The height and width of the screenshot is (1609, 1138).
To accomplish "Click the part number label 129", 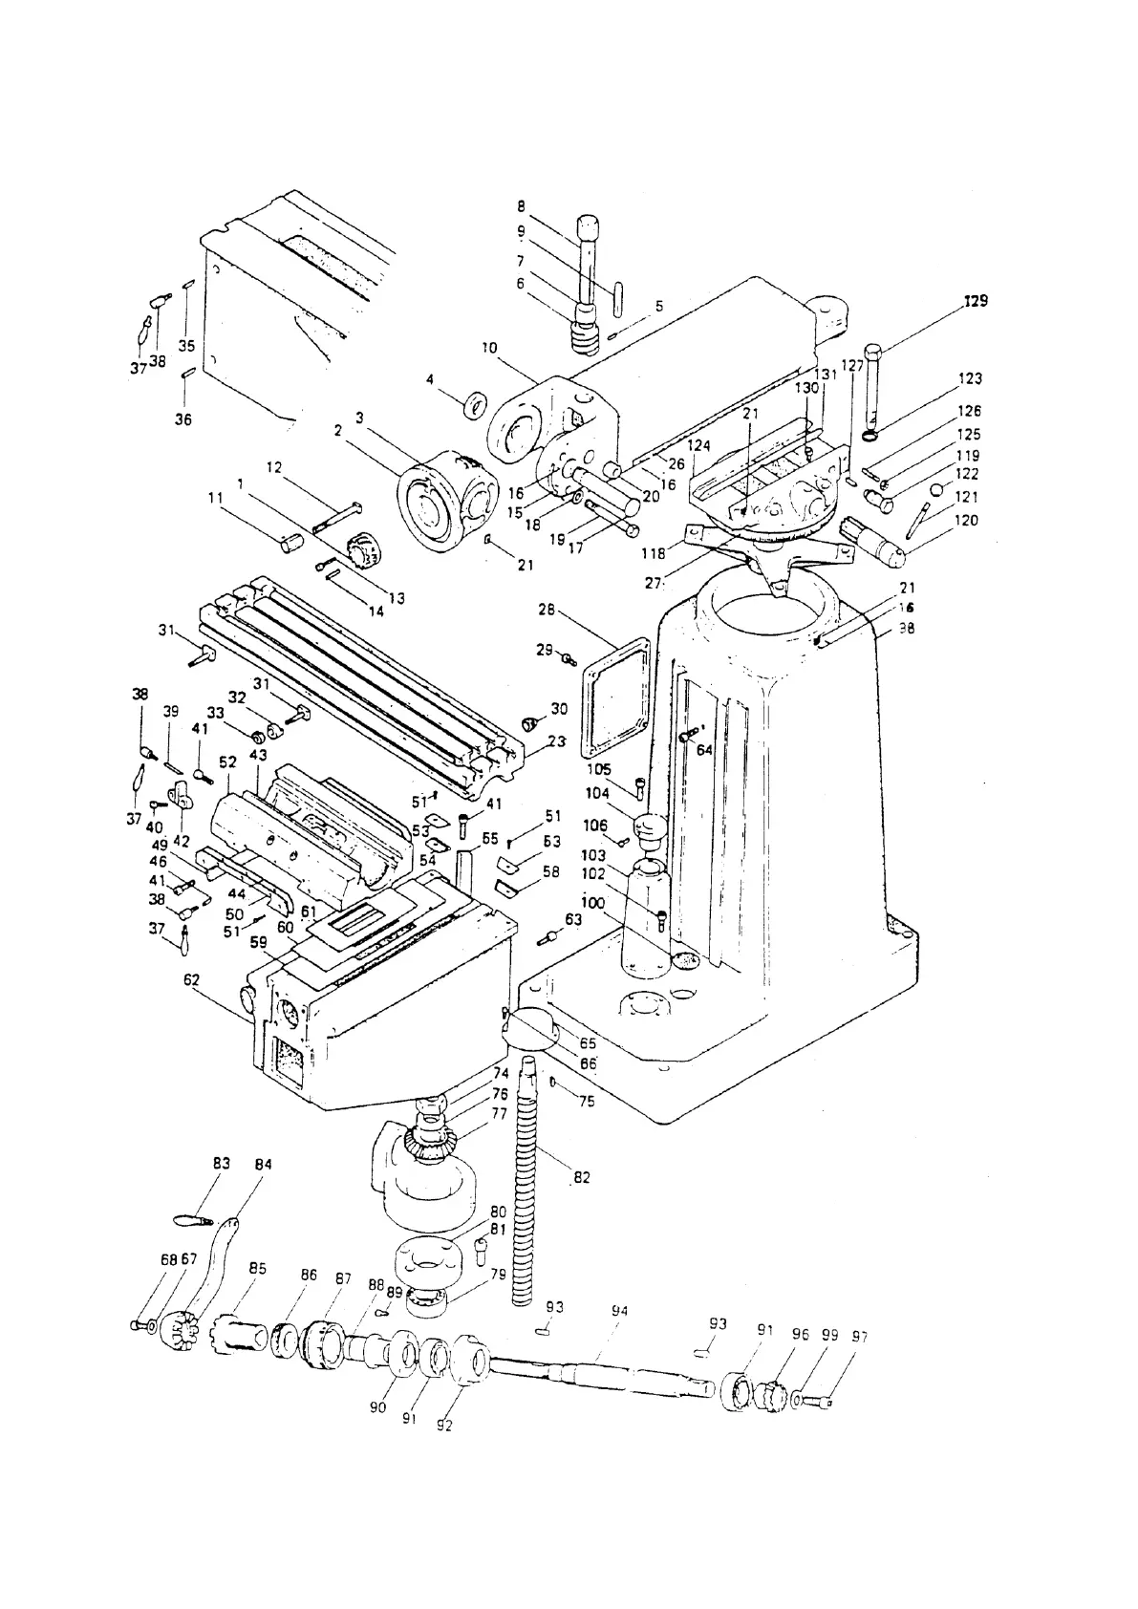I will (x=975, y=300).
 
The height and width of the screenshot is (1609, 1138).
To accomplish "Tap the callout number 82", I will (x=581, y=1178).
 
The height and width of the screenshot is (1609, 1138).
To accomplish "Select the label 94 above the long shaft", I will (x=619, y=1312).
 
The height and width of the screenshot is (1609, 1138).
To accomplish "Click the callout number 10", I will (x=489, y=348).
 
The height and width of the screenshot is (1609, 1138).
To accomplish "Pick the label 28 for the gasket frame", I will (x=547, y=610).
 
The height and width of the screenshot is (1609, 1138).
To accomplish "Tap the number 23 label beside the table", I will (x=556, y=740).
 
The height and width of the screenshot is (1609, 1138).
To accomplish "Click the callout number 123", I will (x=970, y=378).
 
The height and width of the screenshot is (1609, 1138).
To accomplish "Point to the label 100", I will (x=592, y=902).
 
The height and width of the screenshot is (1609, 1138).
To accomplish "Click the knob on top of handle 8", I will (x=588, y=229).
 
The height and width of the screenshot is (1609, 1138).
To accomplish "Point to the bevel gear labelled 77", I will (x=431, y=1142).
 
